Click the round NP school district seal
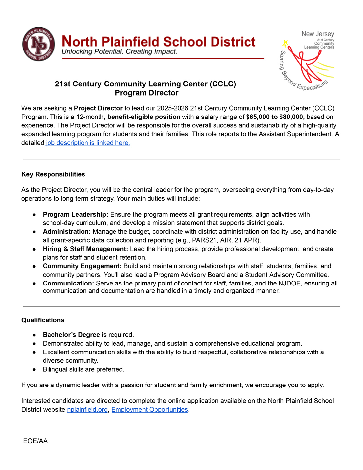[x=39, y=44]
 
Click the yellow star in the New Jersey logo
[x=286, y=43]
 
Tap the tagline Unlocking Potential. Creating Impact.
[x=119, y=52]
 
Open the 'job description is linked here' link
[x=88, y=143]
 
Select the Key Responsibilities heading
[x=53, y=174]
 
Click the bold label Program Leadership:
[x=75, y=215]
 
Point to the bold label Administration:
[x=67, y=232]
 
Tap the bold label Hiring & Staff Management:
[x=85, y=249]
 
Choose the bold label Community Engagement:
[x=82, y=266]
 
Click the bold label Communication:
[x=68, y=283]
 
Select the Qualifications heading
[x=43, y=320]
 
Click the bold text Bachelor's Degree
[x=71, y=335]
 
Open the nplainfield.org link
[x=87, y=410]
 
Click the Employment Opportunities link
[x=149, y=410]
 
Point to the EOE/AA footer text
[x=35, y=441]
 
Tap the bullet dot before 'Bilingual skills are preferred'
[x=34, y=370]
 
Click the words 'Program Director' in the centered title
[x=147, y=93]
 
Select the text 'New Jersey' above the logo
[x=317, y=34]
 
